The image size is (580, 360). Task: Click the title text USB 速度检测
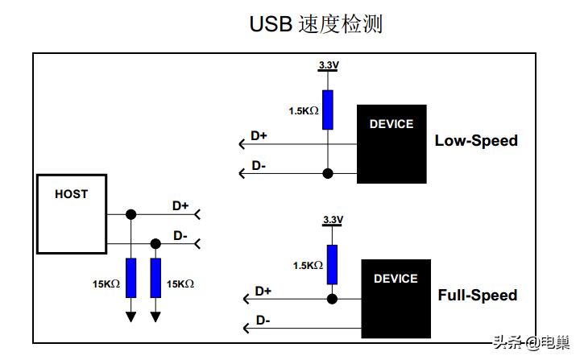point(316,24)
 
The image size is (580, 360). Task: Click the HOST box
point(72,213)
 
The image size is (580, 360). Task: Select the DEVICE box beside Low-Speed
point(391,144)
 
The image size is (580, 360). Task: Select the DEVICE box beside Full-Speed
point(396,297)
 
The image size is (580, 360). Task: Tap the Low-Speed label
point(476,141)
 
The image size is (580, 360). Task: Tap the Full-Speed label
point(478,296)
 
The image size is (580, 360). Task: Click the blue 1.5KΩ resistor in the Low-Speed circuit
point(328,110)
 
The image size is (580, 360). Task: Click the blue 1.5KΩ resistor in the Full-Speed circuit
point(331,264)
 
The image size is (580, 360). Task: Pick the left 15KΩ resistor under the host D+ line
point(131,278)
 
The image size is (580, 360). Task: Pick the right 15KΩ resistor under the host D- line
point(156,278)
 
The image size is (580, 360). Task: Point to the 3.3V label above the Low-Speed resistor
point(329,65)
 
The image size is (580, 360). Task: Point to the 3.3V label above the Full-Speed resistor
point(332,220)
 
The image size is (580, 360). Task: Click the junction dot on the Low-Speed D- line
point(328,173)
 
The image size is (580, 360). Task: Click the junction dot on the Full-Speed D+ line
point(331,298)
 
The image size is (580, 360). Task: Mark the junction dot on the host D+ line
point(131,214)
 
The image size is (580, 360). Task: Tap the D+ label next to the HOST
point(180,206)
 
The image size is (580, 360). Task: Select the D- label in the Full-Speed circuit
point(263,320)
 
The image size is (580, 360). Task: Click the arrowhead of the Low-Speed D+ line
point(242,144)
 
